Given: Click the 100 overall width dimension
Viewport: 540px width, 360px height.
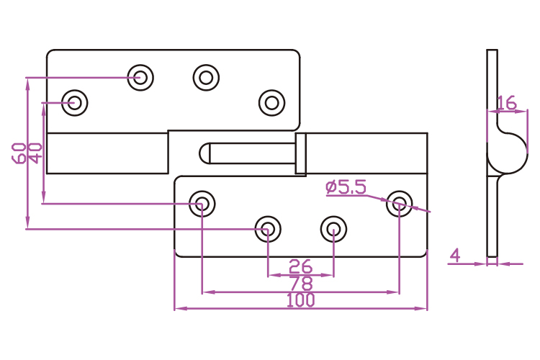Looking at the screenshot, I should pyautogui.click(x=300, y=301).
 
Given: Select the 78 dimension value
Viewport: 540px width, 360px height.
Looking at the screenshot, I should pyautogui.click(x=300, y=284).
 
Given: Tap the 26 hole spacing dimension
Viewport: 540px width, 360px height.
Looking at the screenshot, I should pyautogui.click(x=300, y=267).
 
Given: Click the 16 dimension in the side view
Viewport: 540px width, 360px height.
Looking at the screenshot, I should pyautogui.click(x=506, y=103).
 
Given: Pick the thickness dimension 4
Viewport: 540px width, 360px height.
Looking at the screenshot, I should pyautogui.click(x=454, y=254).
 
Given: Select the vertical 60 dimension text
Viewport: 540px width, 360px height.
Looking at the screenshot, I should pyautogui.click(x=19, y=153).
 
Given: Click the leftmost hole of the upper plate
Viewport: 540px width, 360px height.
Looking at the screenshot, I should pyautogui.click(x=74, y=102).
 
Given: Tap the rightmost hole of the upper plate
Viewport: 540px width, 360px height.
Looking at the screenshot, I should pyautogui.click(x=271, y=102).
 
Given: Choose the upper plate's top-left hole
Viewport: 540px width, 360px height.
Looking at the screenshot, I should pyautogui.click(x=140, y=77).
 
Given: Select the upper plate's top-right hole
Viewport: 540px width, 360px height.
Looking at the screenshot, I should pyautogui.click(x=206, y=77).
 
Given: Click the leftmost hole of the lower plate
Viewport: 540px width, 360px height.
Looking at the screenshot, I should pyautogui.click(x=202, y=204).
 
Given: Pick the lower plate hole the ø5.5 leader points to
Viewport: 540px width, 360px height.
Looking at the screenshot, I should pyautogui.click(x=399, y=204).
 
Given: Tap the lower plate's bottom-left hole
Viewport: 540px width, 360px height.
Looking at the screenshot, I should pyautogui.click(x=267, y=230).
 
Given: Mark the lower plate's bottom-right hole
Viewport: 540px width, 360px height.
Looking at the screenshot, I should pyautogui.click(x=333, y=230).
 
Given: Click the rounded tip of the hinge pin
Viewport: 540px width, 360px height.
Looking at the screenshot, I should pyautogui.click(x=204, y=153).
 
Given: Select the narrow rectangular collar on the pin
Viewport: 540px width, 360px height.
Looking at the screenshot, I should pyautogui.click(x=301, y=153).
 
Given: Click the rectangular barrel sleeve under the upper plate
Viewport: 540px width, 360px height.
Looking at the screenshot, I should pyautogui.click(x=107, y=153).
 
